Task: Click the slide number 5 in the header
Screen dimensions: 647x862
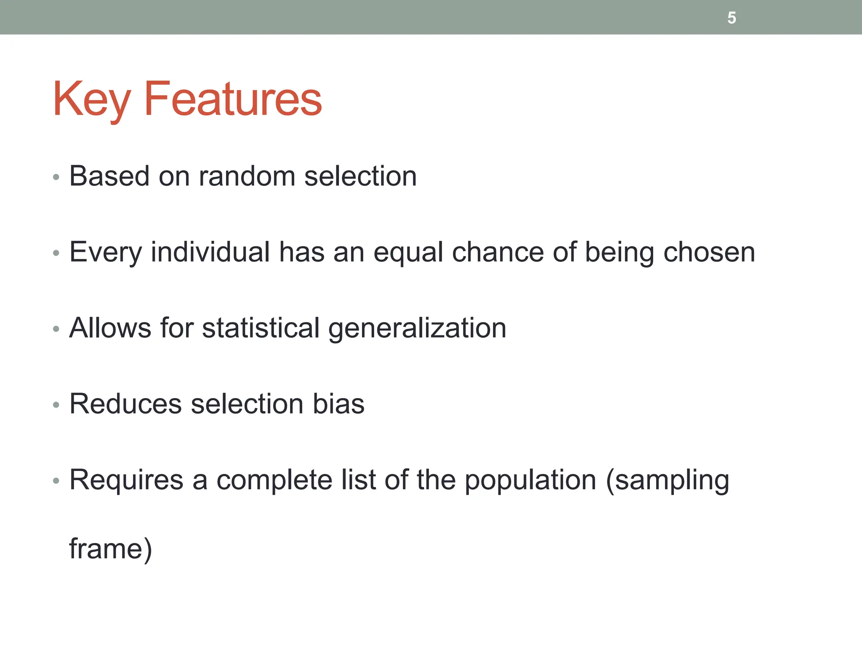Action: click(x=732, y=18)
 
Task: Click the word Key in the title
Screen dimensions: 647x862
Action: click(x=91, y=99)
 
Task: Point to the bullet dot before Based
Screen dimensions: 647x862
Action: click(x=56, y=177)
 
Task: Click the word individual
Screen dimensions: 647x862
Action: click(x=210, y=252)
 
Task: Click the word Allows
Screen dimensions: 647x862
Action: click(x=110, y=328)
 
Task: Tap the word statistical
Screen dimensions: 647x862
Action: click(x=261, y=328)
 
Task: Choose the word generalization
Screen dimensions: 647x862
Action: click(x=417, y=329)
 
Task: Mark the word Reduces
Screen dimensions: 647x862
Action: click(x=125, y=404)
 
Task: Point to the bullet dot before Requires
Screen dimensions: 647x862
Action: click(x=56, y=481)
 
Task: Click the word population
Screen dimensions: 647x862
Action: click(x=530, y=480)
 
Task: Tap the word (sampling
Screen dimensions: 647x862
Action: click(x=667, y=480)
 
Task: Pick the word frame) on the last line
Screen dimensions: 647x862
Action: click(x=110, y=548)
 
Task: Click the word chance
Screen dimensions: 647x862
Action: click(x=498, y=252)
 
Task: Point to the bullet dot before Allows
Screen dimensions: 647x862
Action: click(x=56, y=329)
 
